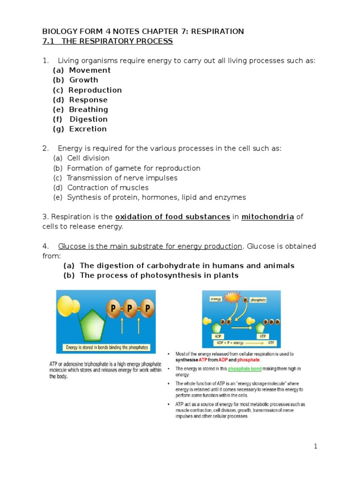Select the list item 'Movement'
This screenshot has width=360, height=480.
90,70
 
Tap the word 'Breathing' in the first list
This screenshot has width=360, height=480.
89,110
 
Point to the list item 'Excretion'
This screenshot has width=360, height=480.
88,129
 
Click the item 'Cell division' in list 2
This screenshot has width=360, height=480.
88,158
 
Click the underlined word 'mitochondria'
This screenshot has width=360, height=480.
268,217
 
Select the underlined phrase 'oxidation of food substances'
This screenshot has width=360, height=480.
172,217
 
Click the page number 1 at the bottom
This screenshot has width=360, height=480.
316,447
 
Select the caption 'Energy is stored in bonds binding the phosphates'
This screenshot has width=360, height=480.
107,348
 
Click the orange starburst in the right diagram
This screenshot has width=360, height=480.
233,298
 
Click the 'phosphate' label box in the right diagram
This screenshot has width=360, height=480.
258,300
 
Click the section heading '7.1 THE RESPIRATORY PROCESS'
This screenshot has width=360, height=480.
107,42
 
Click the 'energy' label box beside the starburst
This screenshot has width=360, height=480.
216,299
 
